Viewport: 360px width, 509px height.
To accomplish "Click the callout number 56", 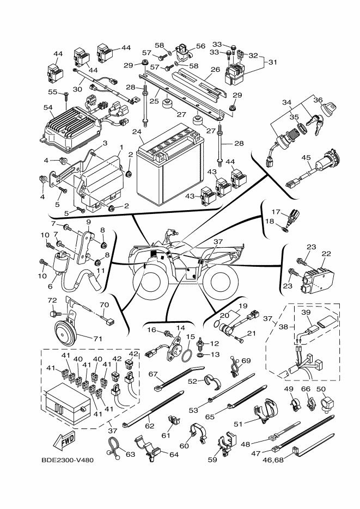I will tap(200, 46).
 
